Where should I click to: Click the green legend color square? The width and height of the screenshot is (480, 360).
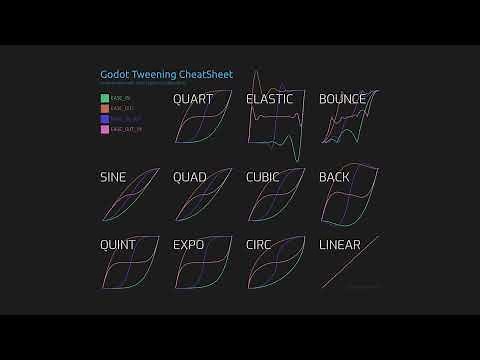pyautogui.click(x=104, y=98)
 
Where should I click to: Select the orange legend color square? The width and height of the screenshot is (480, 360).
pyautogui.click(x=104, y=108)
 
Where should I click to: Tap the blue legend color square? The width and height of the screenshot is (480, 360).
pyautogui.click(x=104, y=118)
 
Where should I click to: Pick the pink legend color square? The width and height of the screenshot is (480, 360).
pyautogui.click(x=104, y=128)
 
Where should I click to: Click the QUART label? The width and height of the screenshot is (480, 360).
pyautogui.click(x=192, y=99)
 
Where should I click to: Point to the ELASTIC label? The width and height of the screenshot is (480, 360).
pyautogui.click(x=269, y=99)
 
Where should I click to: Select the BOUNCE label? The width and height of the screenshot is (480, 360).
pyautogui.click(x=342, y=99)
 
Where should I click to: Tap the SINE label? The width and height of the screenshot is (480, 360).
pyautogui.click(x=113, y=177)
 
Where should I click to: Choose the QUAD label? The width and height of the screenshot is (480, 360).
pyautogui.click(x=189, y=177)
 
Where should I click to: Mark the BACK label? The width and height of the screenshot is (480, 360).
pyautogui.click(x=333, y=177)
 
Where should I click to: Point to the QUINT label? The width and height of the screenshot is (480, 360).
pyautogui.click(x=118, y=244)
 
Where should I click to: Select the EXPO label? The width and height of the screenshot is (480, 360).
pyautogui.click(x=188, y=244)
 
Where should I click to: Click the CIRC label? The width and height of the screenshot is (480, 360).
pyautogui.click(x=260, y=244)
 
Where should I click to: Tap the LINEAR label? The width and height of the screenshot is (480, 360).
pyautogui.click(x=339, y=244)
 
